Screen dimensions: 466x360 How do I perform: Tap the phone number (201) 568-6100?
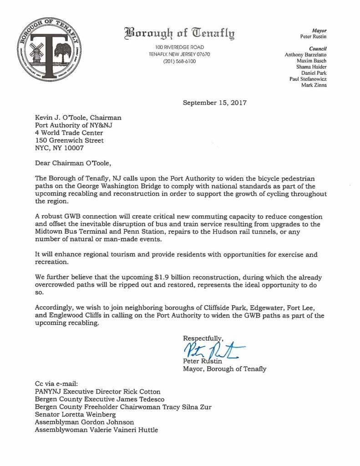(179, 61)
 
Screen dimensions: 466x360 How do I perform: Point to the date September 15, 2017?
(214, 102)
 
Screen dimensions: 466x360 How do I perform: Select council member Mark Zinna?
(314, 85)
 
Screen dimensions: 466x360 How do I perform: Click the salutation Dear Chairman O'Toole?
(73, 162)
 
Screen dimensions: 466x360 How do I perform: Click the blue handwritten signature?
(212, 350)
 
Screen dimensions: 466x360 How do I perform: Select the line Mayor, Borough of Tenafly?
(224, 369)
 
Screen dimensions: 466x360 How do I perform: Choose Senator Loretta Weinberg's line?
(75, 415)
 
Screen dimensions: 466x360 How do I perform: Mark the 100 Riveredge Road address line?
(179, 47)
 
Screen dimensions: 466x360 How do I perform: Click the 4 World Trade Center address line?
(69, 133)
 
